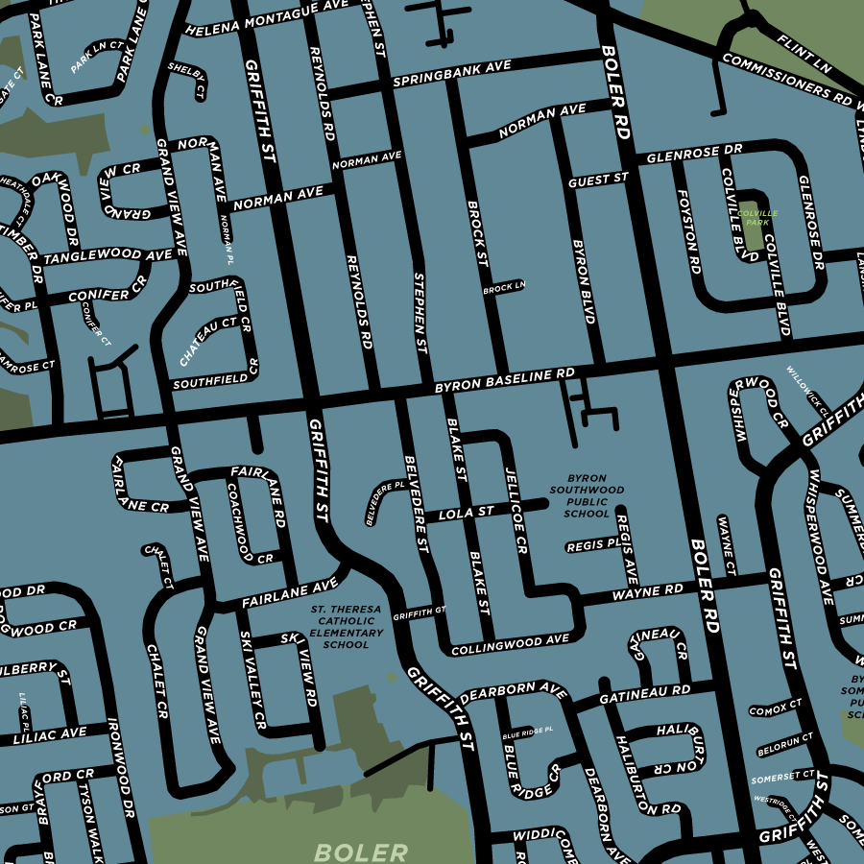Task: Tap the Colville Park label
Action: tap(761, 217)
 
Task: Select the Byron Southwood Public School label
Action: tap(588, 495)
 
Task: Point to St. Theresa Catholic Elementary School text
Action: tap(346, 627)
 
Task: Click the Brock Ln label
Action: tap(504, 287)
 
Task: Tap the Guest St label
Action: tap(597, 180)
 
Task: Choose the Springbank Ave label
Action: tap(451, 75)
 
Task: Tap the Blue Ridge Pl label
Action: tap(528, 731)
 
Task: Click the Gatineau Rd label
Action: tap(644, 693)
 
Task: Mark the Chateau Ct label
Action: tap(208, 342)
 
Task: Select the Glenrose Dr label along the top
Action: tap(695, 154)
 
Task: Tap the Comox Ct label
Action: tap(776, 709)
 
